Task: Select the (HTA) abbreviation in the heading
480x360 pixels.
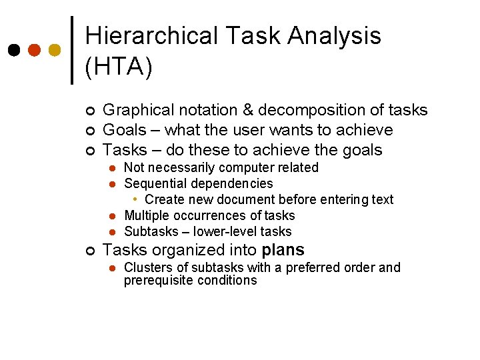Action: click(119, 67)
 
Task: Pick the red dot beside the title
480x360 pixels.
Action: click(35, 50)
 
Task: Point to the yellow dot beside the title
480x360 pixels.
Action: click(55, 50)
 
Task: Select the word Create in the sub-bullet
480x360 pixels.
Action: click(163, 199)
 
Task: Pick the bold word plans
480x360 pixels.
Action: click(283, 251)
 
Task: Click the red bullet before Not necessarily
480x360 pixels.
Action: click(113, 168)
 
